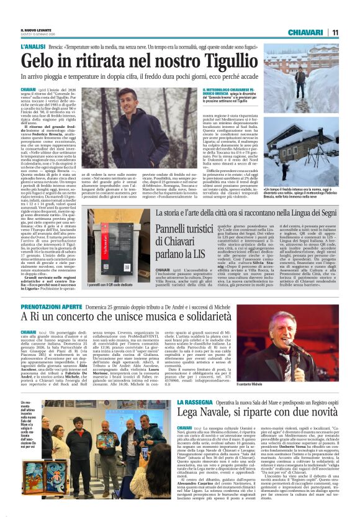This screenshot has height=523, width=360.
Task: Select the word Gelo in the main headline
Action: pos(38,61)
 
